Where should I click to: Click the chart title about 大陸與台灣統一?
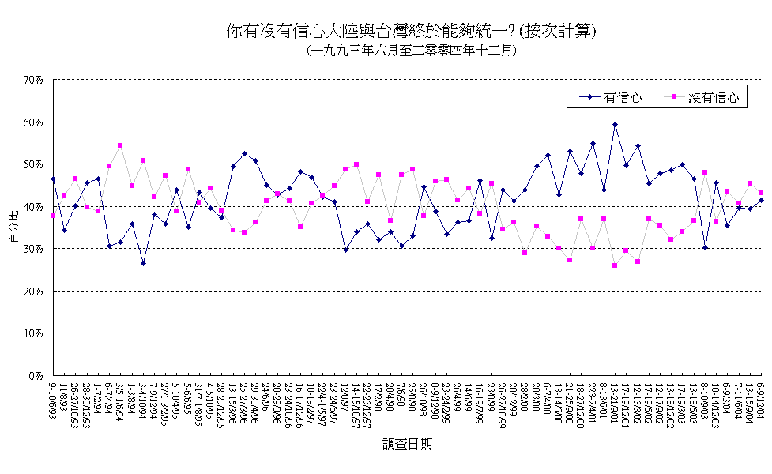point(410,32)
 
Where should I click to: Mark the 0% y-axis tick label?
point(36,376)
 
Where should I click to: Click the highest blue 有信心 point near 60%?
point(615,124)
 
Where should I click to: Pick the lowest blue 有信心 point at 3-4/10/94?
point(143,263)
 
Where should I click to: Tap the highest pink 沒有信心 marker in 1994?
point(120,145)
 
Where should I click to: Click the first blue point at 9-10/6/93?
point(53,179)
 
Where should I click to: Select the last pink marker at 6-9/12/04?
point(760,193)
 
